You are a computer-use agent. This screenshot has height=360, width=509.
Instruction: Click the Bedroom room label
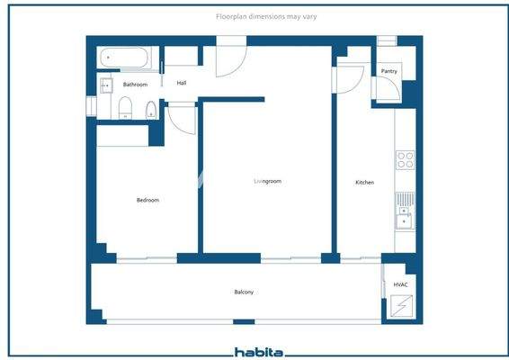[x=147, y=200]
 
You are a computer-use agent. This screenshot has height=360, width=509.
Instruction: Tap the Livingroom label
[x=267, y=182]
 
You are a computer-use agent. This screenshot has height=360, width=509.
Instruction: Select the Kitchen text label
[x=364, y=183]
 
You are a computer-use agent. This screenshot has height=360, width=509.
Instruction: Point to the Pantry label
[x=389, y=71]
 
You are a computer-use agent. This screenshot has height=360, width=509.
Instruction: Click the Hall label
[x=182, y=83]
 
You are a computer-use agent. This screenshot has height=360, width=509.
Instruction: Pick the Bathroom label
[x=135, y=85]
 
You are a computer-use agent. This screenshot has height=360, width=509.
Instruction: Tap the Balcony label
[x=244, y=292]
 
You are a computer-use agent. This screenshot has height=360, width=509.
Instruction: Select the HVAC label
[x=401, y=285]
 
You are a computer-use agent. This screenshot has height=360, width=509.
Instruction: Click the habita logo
[x=259, y=352]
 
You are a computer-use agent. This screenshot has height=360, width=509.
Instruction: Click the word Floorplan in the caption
[x=232, y=16]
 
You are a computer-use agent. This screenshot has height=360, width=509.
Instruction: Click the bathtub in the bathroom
[x=127, y=58]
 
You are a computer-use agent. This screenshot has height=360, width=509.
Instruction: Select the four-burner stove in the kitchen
[x=406, y=160]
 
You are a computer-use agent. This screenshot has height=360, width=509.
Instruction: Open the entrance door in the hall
[x=230, y=58]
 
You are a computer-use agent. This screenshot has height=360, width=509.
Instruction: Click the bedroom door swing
[x=181, y=118]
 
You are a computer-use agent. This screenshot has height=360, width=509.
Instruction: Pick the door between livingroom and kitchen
[x=345, y=78]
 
